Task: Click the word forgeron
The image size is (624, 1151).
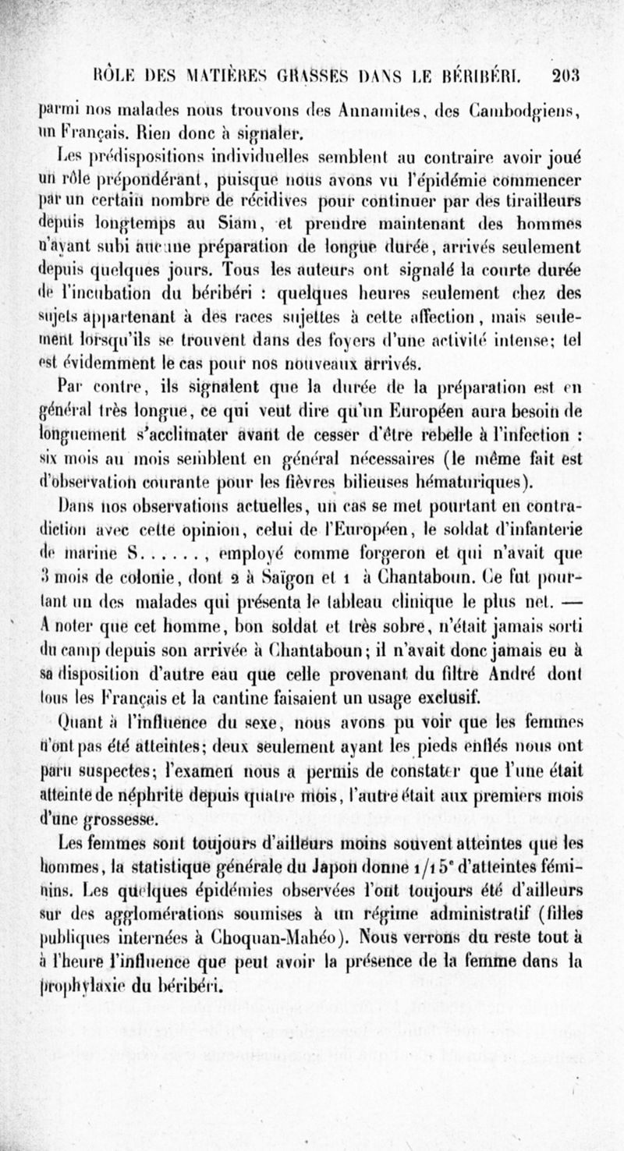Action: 419,558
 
